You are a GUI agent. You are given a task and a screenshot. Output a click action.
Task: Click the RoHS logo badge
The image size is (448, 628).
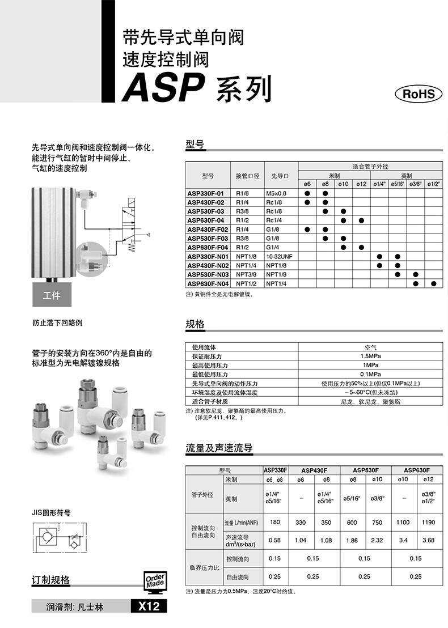pyautogui.click(x=418, y=94)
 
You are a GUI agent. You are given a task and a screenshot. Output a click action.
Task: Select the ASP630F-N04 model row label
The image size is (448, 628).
pyautogui.click(x=208, y=283)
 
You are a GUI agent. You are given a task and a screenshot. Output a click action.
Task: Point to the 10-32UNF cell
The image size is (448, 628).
pyautogui.click(x=279, y=257)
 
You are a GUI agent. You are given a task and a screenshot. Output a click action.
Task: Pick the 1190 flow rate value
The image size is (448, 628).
pyautogui.click(x=428, y=523)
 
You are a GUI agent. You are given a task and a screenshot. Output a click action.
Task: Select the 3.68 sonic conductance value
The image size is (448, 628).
pyautogui.click(x=428, y=540)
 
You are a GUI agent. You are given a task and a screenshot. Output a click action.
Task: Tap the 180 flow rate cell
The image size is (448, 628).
pyautogui.click(x=276, y=523)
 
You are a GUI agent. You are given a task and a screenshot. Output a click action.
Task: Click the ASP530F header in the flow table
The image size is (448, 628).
pyautogui.click(x=365, y=470)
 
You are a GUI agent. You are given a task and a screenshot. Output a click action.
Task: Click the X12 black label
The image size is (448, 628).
pyautogui.click(x=149, y=606)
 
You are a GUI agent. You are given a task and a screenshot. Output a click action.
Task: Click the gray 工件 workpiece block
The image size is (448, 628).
pyautogui.click(x=52, y=296)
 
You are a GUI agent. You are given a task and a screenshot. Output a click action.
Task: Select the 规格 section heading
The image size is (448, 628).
pyautogui.click(x=195, y=325)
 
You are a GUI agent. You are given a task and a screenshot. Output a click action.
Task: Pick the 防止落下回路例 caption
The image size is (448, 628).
pyautogui.click(x=57, y=323)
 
